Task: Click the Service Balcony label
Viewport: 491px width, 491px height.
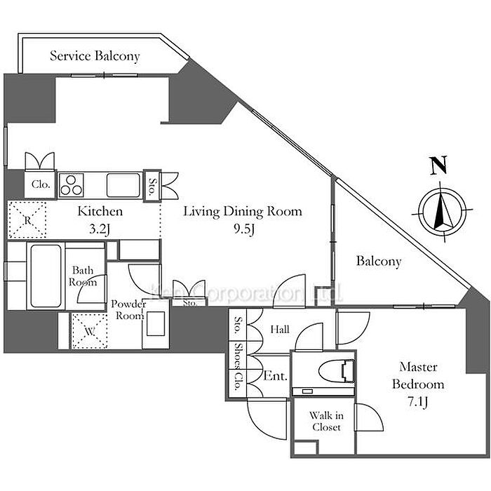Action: coord(95,55)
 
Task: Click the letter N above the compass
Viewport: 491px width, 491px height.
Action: coord(439,167)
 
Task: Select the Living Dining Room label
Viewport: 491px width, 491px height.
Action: coord(243,211)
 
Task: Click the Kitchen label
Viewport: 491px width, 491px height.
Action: coord(100,211)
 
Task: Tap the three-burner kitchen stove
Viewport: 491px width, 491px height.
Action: coord(72,186)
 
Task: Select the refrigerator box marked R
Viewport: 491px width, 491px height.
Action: coord(27,219)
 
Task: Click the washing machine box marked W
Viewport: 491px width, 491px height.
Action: coord(88,331)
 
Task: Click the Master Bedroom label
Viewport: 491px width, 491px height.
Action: coord(418,375)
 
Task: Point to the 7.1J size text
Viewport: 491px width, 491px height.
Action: coord(418,402)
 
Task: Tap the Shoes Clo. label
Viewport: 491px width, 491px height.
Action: coord(239,367)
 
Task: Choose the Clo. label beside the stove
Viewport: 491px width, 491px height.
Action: coord(39,186)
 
